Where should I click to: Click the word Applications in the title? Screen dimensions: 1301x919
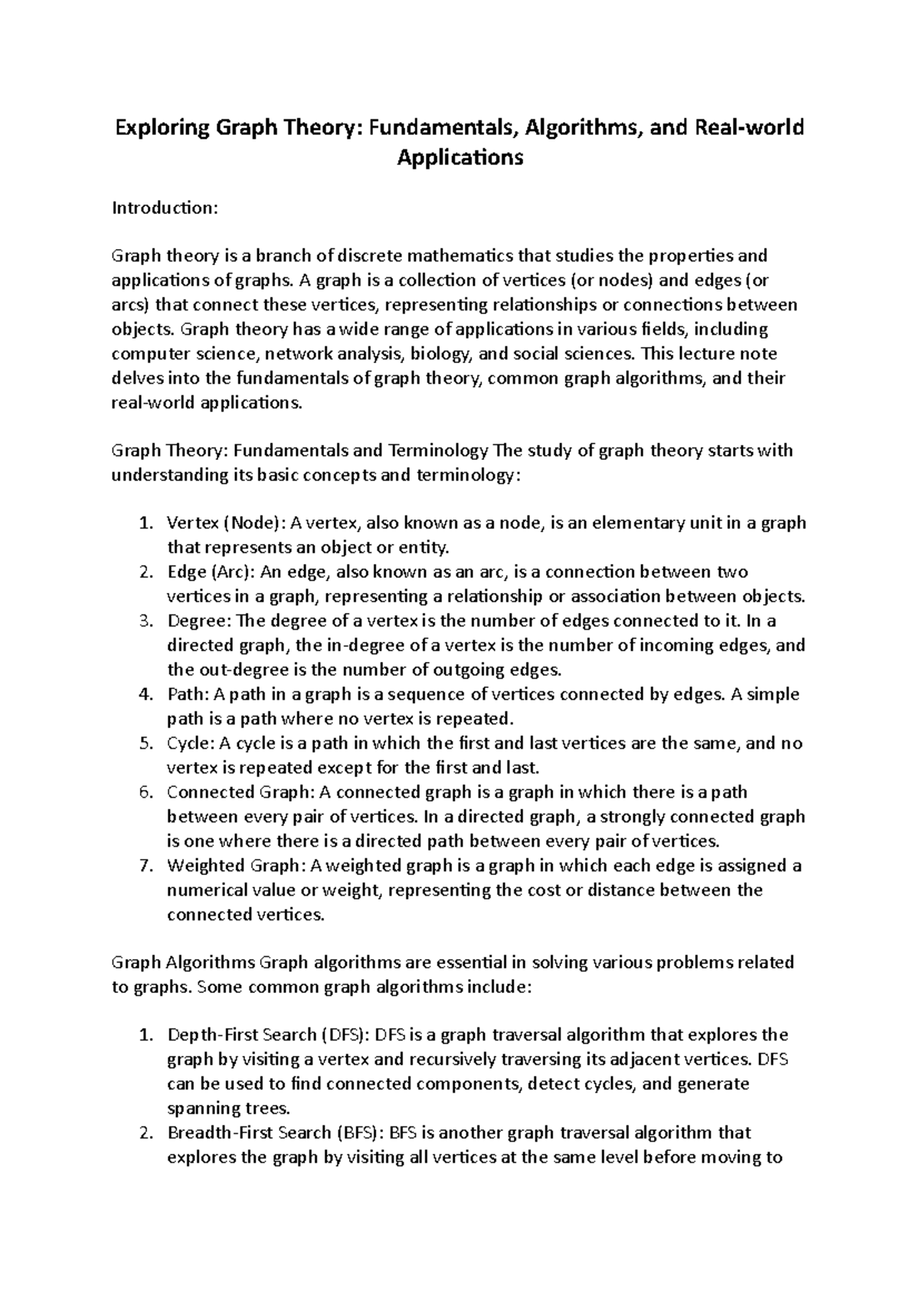pos(459,159)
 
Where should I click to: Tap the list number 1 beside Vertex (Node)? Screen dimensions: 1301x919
pos(146,523)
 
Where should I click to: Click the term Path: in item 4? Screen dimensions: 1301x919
pos(187,695)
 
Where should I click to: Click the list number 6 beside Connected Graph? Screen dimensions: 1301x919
pos(146,793)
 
